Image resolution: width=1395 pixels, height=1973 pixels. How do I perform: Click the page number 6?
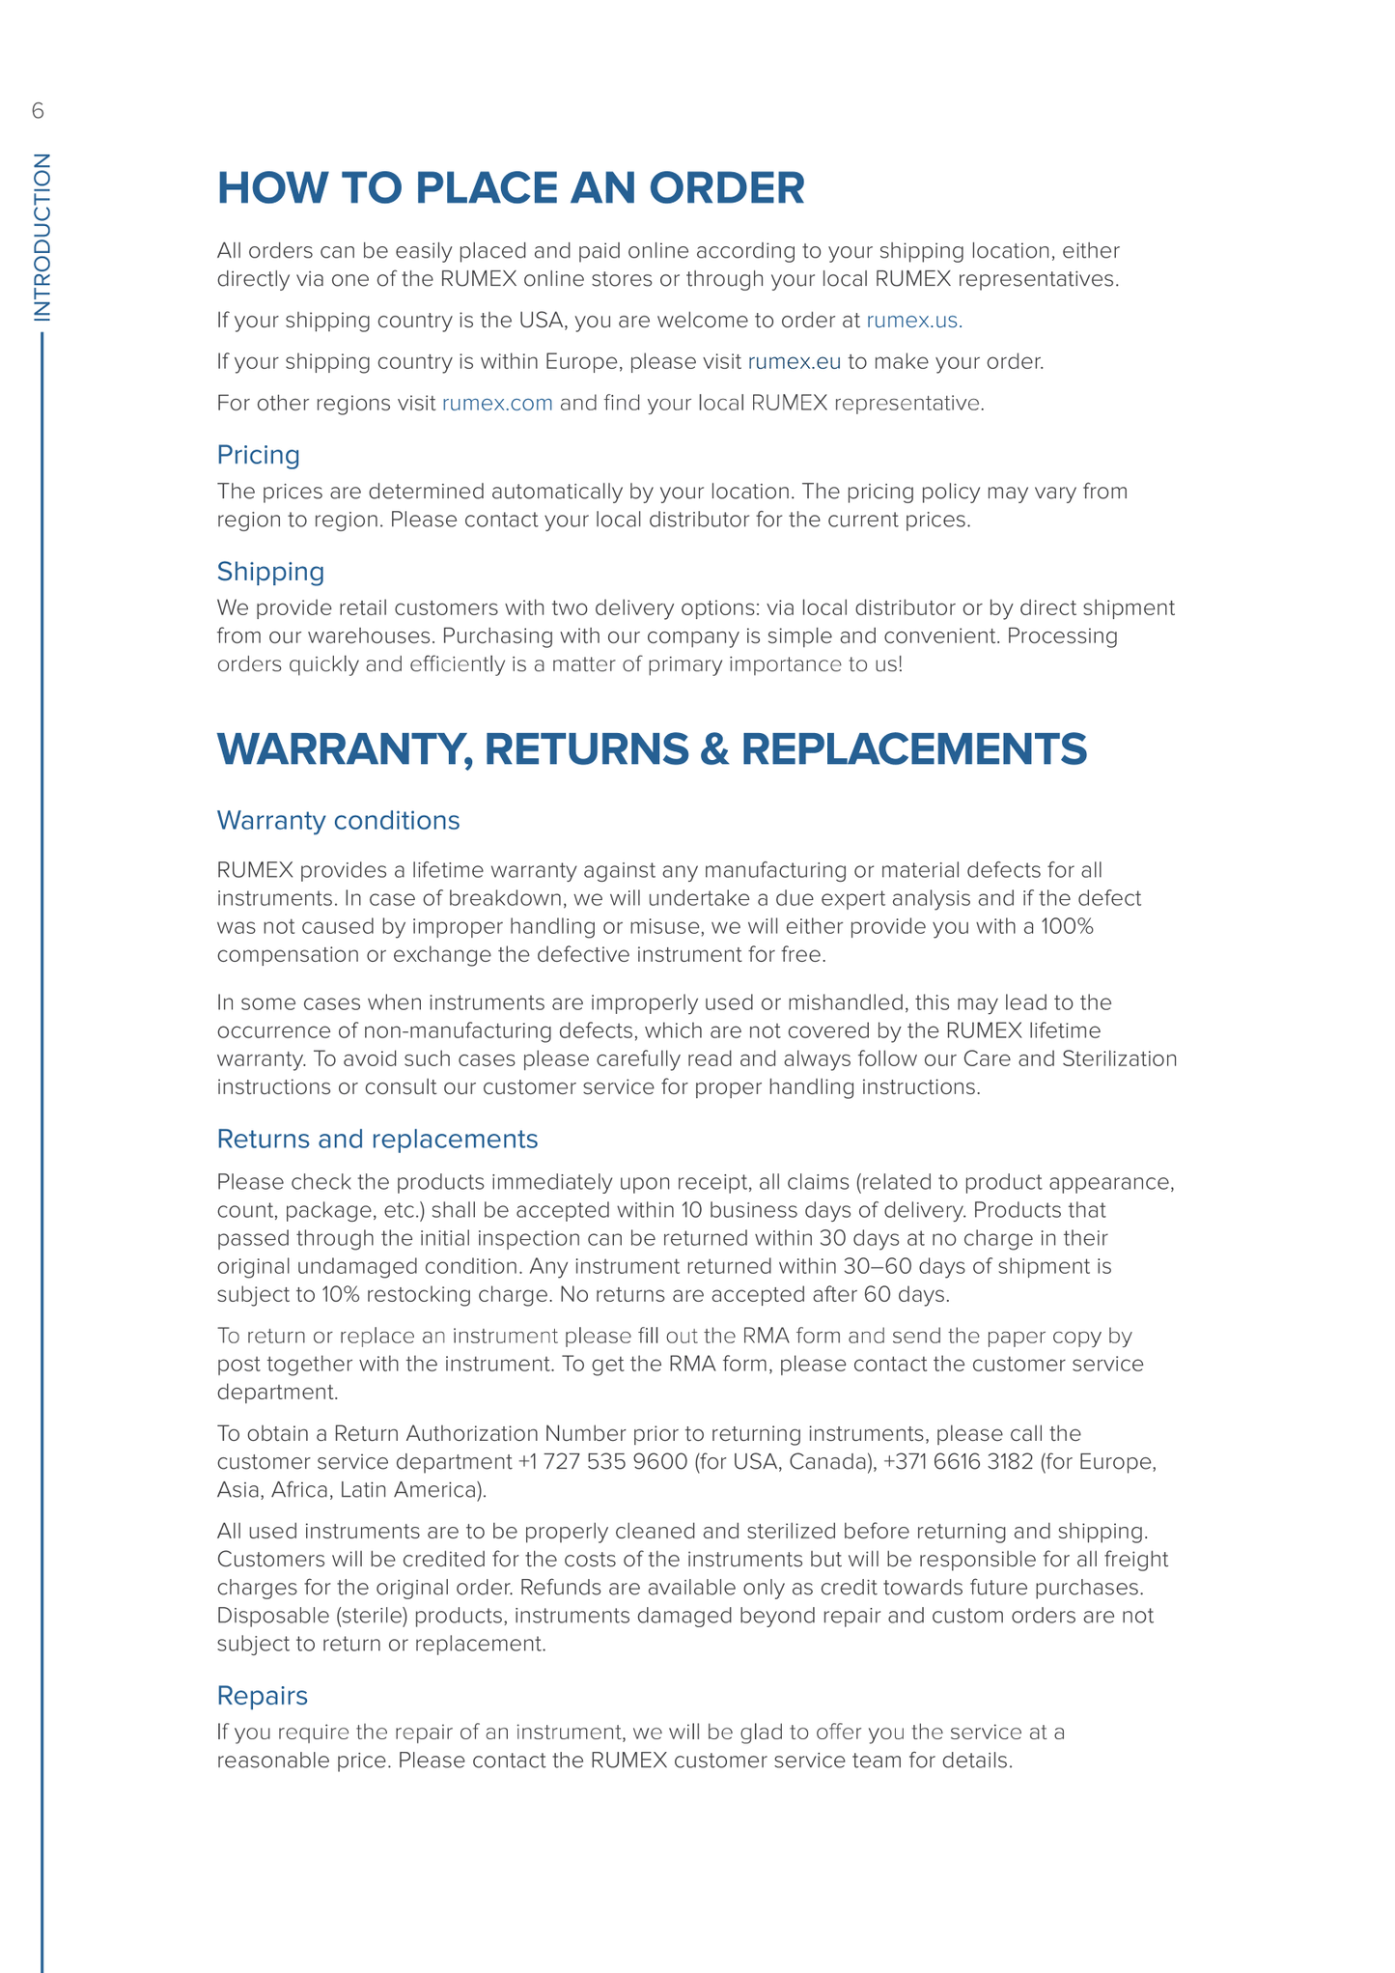[38, 111]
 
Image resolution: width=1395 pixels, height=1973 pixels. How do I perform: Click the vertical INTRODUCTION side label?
[42, 237]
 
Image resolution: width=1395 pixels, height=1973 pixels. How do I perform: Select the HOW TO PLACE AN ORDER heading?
[511, 187]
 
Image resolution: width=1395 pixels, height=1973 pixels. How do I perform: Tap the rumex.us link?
[913, 321]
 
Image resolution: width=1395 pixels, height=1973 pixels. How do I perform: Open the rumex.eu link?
[794, 362]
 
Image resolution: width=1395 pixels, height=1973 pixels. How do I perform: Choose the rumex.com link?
[497, 404]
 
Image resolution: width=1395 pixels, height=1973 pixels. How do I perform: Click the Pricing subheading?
[258, 455]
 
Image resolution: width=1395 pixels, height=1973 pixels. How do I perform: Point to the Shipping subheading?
[270, 572]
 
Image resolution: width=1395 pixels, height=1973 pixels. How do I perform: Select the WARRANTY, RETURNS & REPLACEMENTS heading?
[652, 750]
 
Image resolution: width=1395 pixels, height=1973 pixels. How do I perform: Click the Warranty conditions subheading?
[338, 821]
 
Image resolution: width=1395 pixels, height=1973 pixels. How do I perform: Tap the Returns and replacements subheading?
[377, 1140]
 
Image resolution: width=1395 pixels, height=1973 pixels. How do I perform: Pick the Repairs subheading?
[262, 1696]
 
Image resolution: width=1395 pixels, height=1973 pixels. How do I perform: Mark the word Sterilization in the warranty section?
[1119, 1059]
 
